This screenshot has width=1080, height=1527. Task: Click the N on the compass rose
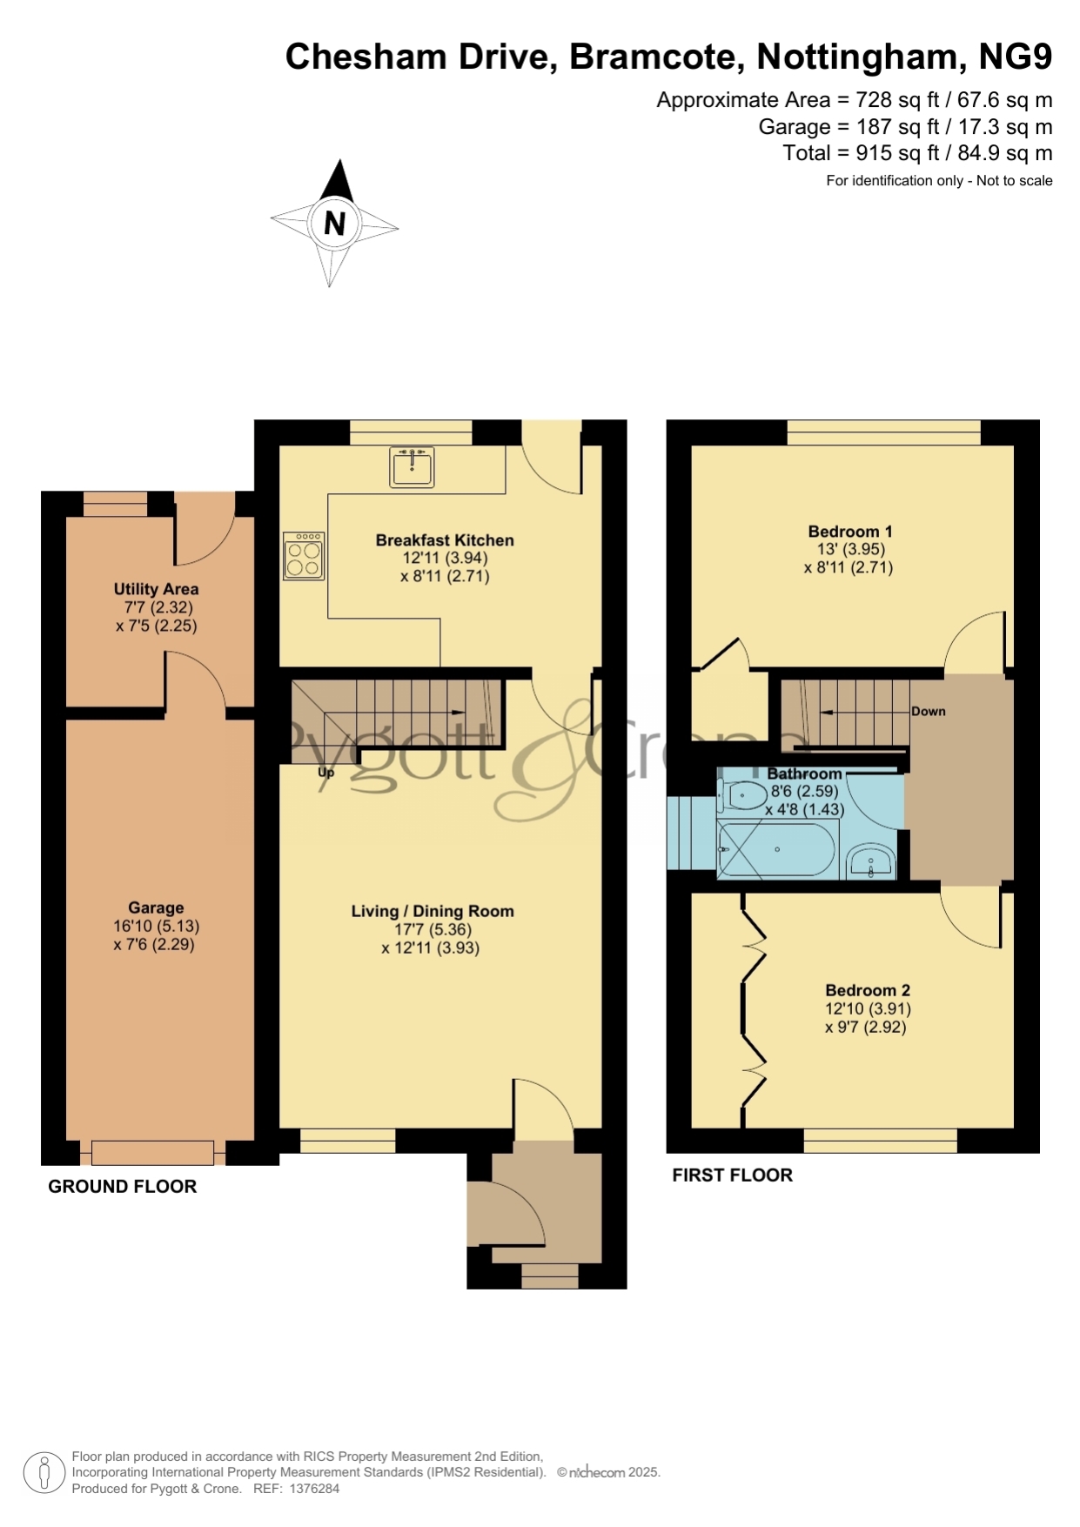(334, 224)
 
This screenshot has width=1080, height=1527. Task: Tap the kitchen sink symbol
(412, 466)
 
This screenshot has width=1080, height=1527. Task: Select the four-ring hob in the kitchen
(304, 556)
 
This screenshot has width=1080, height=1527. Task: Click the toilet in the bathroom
(741, 794)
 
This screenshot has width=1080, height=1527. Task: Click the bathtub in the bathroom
(776, 849)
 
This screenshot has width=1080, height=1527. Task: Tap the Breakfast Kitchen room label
(445, 540)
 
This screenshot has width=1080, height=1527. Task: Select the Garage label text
(156, 907)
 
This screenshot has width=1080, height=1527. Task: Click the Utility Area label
(156, 589)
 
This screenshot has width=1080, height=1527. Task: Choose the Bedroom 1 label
(850, 531)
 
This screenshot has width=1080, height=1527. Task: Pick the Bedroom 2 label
(868, 990)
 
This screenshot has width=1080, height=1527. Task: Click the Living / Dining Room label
(433, 911)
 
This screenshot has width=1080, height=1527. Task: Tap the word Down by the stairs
(929, 711)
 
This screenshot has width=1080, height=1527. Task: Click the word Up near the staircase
(326, 772)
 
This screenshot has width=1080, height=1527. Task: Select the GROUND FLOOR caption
(123, 1186)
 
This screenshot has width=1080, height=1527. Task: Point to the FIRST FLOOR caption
(733, 1175)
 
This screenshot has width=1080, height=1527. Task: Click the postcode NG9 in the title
(1016, 57)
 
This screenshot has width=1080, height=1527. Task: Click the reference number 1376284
(314, 1489)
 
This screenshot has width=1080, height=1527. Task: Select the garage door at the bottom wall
(152, 1152)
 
